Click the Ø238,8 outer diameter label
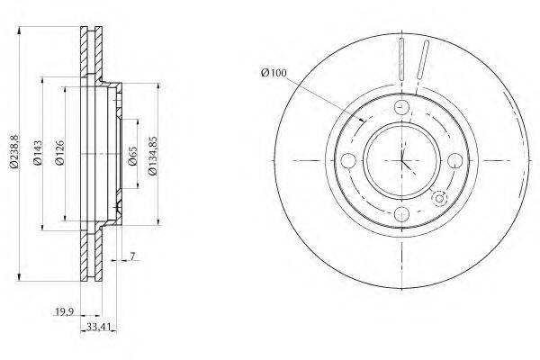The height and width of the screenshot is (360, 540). [x=14, y=152]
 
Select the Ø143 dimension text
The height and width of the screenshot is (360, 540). [x=38, y=153]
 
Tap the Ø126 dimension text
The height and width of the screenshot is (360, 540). [x=59, y=153]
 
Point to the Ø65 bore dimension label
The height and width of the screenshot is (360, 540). [x=132, y=156]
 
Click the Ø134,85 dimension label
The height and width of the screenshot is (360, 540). [x=153, y=156]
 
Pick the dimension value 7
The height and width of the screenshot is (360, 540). [x=132, y=256]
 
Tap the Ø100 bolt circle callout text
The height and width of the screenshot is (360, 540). [x=274, y=73]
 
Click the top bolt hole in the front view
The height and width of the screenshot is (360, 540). [x=401, y=107]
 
